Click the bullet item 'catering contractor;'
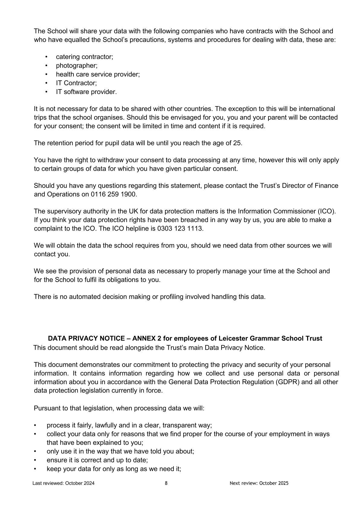click(84, 57)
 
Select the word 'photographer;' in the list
click(77, 66)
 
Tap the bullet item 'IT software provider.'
click(86, 92)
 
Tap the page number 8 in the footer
click(166, 483)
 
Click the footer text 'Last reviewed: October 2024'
click(63, 483)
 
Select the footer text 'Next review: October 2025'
click(259, 483)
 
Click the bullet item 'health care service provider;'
click(98, 74)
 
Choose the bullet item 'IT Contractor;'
click(76, 83)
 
